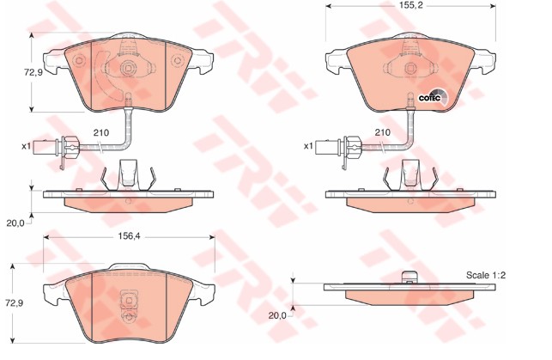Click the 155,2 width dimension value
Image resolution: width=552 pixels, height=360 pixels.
(410, 5)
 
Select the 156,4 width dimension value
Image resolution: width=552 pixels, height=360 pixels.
(129, 236)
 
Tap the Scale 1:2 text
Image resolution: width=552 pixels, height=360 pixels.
(485, 275)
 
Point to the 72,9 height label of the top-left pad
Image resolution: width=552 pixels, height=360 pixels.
(33, 73)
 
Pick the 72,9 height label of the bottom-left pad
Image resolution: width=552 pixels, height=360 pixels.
(14, 303)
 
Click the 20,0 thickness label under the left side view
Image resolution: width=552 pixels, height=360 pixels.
(15, 223)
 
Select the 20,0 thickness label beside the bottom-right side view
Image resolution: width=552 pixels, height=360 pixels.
(277, 315)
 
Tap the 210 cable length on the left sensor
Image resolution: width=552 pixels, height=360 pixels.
(101, 133)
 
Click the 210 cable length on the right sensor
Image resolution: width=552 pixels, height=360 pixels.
(383, 132)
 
